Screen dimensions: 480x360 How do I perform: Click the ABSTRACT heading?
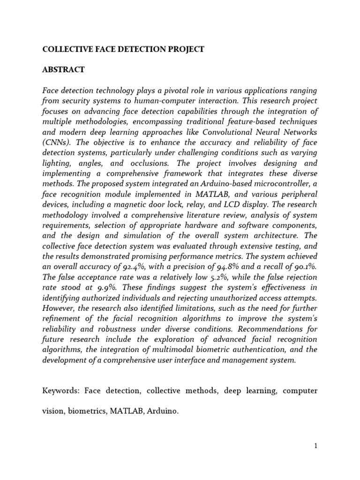(64, 69)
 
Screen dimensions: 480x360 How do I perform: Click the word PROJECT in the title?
(184, 49)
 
